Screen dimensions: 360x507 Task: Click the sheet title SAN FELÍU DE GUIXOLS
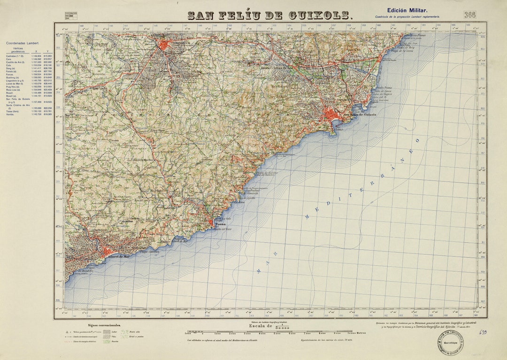coord(270,15)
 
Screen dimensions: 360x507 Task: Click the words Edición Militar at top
coord(407,10)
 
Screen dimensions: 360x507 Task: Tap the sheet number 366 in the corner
coord(469,15)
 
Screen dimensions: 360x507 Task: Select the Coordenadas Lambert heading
coord(22,43)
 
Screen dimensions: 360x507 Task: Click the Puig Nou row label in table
coord(13,86)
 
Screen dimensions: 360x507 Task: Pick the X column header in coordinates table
coord(36,52)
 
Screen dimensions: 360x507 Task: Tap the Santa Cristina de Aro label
coord(280,68)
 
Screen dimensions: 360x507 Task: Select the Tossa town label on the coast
coord(220,225)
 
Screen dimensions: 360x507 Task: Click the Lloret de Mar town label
coord(118,257)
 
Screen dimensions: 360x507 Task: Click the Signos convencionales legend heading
coord(104,325)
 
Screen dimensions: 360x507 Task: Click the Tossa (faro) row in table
coord(13,111)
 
